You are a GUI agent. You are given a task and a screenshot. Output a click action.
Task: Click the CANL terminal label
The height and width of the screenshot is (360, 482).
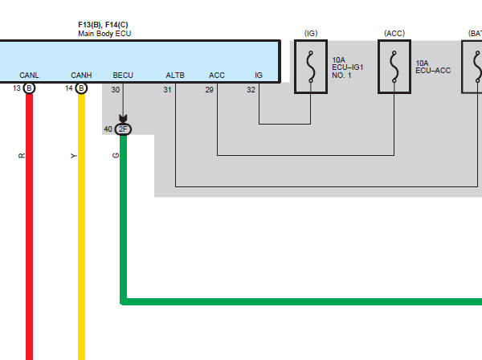point(29,76)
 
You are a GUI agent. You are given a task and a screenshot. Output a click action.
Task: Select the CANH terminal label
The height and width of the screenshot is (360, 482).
point(81,76)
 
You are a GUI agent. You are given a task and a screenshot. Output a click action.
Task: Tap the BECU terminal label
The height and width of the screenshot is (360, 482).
point(123,76)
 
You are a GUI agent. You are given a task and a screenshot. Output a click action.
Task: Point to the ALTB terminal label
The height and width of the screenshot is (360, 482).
point(175,76)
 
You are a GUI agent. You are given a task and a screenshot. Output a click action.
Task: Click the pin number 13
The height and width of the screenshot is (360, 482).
point(17,88)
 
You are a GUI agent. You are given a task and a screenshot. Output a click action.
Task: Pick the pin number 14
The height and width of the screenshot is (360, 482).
point(69,88)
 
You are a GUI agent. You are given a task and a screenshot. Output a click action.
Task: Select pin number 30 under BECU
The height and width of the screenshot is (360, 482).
point(115,90)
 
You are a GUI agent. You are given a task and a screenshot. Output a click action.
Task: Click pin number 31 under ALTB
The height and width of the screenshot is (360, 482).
point(167,90)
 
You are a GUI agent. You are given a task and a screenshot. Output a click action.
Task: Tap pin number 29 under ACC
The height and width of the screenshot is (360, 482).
point(209,90)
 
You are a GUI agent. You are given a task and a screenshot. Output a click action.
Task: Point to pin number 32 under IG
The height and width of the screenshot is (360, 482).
point(251,90)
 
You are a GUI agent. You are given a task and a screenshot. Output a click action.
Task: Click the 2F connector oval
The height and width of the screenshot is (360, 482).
point(123,129)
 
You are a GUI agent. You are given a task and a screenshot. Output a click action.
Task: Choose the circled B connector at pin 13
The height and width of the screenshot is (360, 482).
point(29,88)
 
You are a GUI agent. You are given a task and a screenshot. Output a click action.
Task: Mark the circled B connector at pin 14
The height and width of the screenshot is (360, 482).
point(81,88)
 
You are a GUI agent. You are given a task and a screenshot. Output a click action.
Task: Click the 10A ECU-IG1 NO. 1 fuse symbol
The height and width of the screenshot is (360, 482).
point(311,67)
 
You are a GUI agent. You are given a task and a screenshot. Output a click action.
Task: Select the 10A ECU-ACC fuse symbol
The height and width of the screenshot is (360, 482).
point(394,67)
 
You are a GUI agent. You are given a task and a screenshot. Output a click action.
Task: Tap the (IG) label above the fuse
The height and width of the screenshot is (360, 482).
point(311,33)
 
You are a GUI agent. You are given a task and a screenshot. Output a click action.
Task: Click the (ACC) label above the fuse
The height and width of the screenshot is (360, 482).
point(394,33)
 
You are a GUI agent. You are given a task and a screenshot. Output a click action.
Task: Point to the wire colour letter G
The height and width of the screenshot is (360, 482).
point(116,156)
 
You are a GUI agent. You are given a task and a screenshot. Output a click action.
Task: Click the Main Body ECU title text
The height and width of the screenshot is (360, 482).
point(104,34)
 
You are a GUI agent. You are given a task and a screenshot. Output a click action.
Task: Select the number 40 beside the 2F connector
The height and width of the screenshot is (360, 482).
point(108,129)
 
